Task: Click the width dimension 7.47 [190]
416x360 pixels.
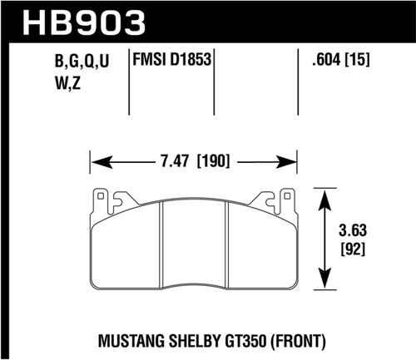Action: pos(193,160)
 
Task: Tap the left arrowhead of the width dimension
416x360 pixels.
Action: pos(95,160)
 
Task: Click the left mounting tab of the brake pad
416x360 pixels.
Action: pos(103,200)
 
